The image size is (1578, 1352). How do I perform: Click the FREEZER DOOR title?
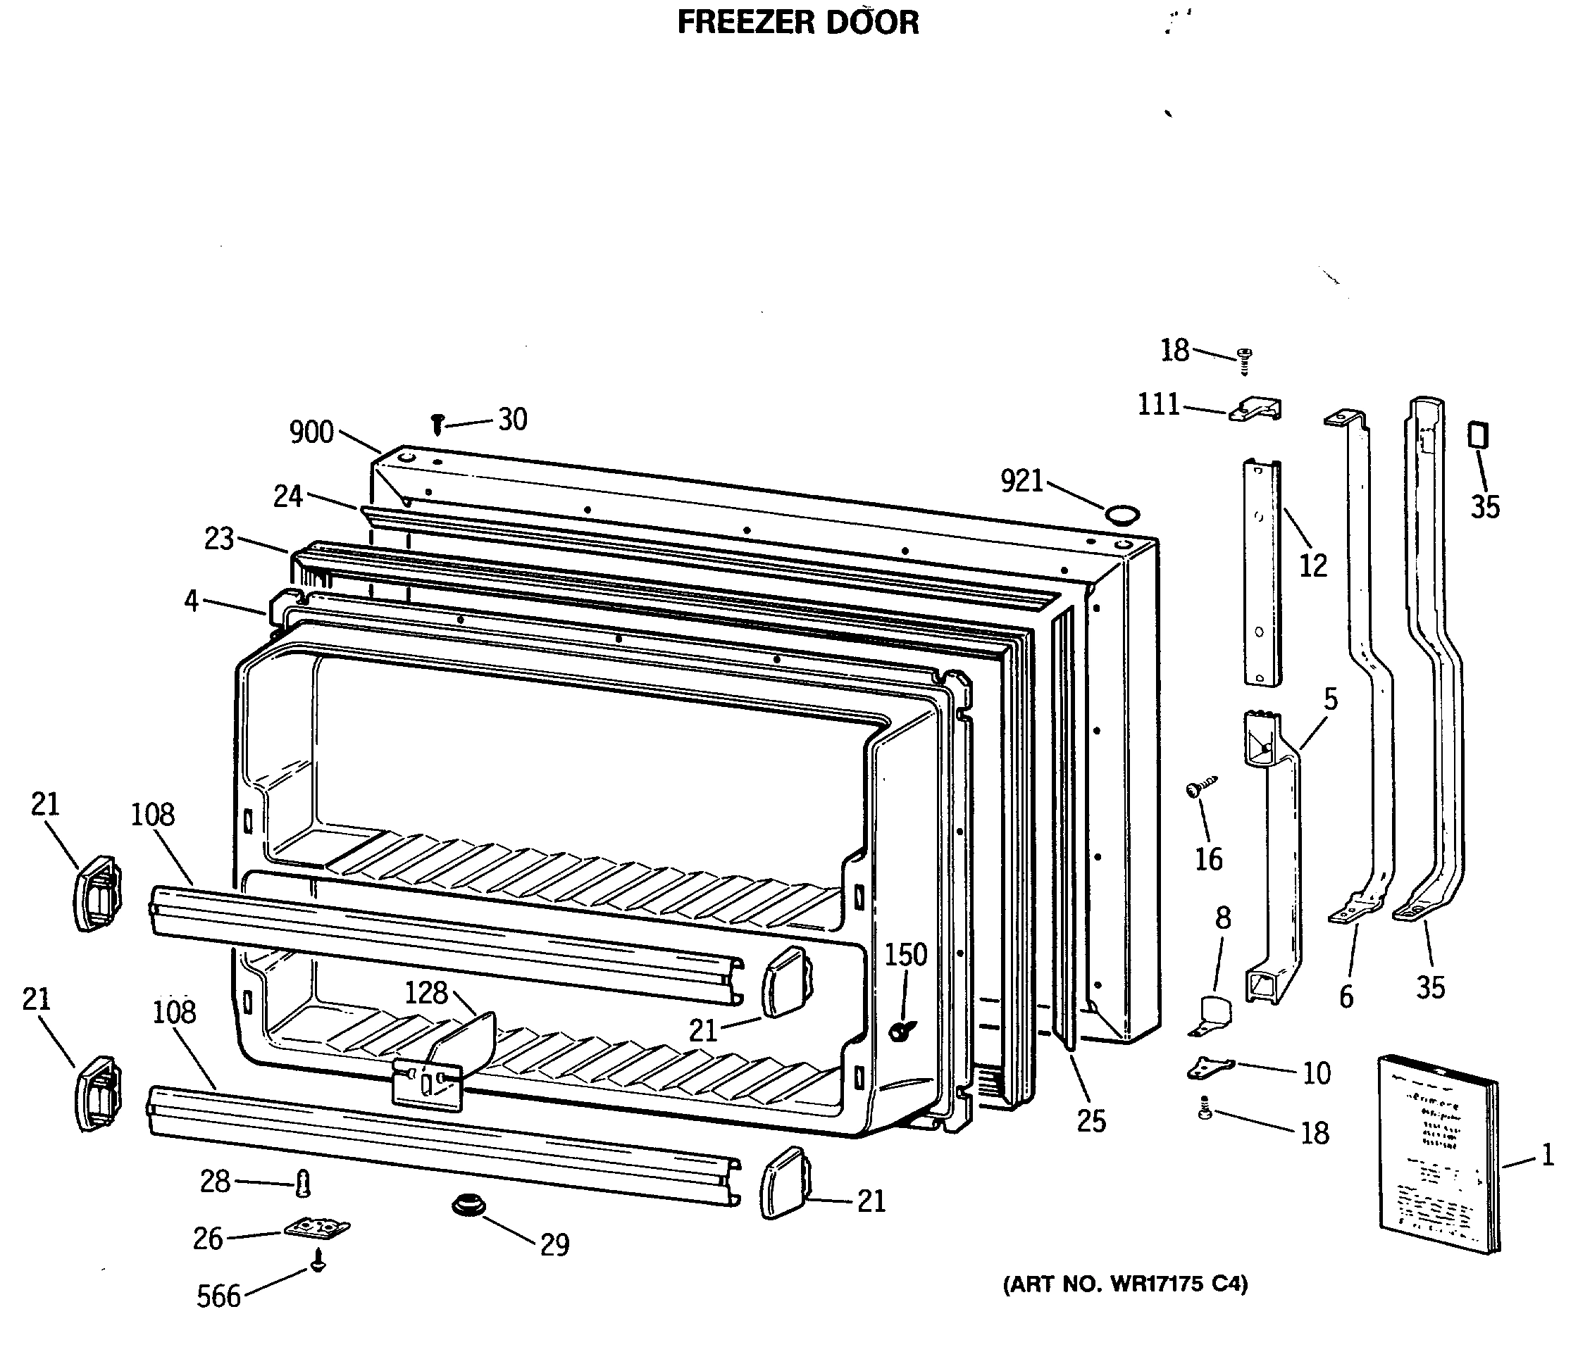click(x=797, y=22)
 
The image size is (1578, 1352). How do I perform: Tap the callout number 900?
click(x=311, y=432)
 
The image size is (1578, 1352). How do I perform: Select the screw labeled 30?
click(x=437, y=423)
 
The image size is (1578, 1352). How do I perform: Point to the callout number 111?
click(x=1158, y=404)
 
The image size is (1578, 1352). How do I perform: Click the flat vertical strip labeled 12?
click(x=1262, y=572)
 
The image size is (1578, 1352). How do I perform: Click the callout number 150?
click(x=905, y=954)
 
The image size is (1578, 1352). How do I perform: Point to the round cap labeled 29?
click(x=468, y=1205)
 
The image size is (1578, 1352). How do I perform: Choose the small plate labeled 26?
click(x=318, y=1227)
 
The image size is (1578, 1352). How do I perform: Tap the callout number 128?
click(x=425, y=993)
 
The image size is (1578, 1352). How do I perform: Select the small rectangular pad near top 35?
click(x=1477, y=435)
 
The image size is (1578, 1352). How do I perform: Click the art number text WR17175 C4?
click(x=1125, y=1284)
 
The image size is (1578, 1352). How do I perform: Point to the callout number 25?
click(x=1091, y=1120)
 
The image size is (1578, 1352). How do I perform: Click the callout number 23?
click(x=218, y=538)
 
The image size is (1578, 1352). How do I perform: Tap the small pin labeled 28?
click(x=303, y=1183)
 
